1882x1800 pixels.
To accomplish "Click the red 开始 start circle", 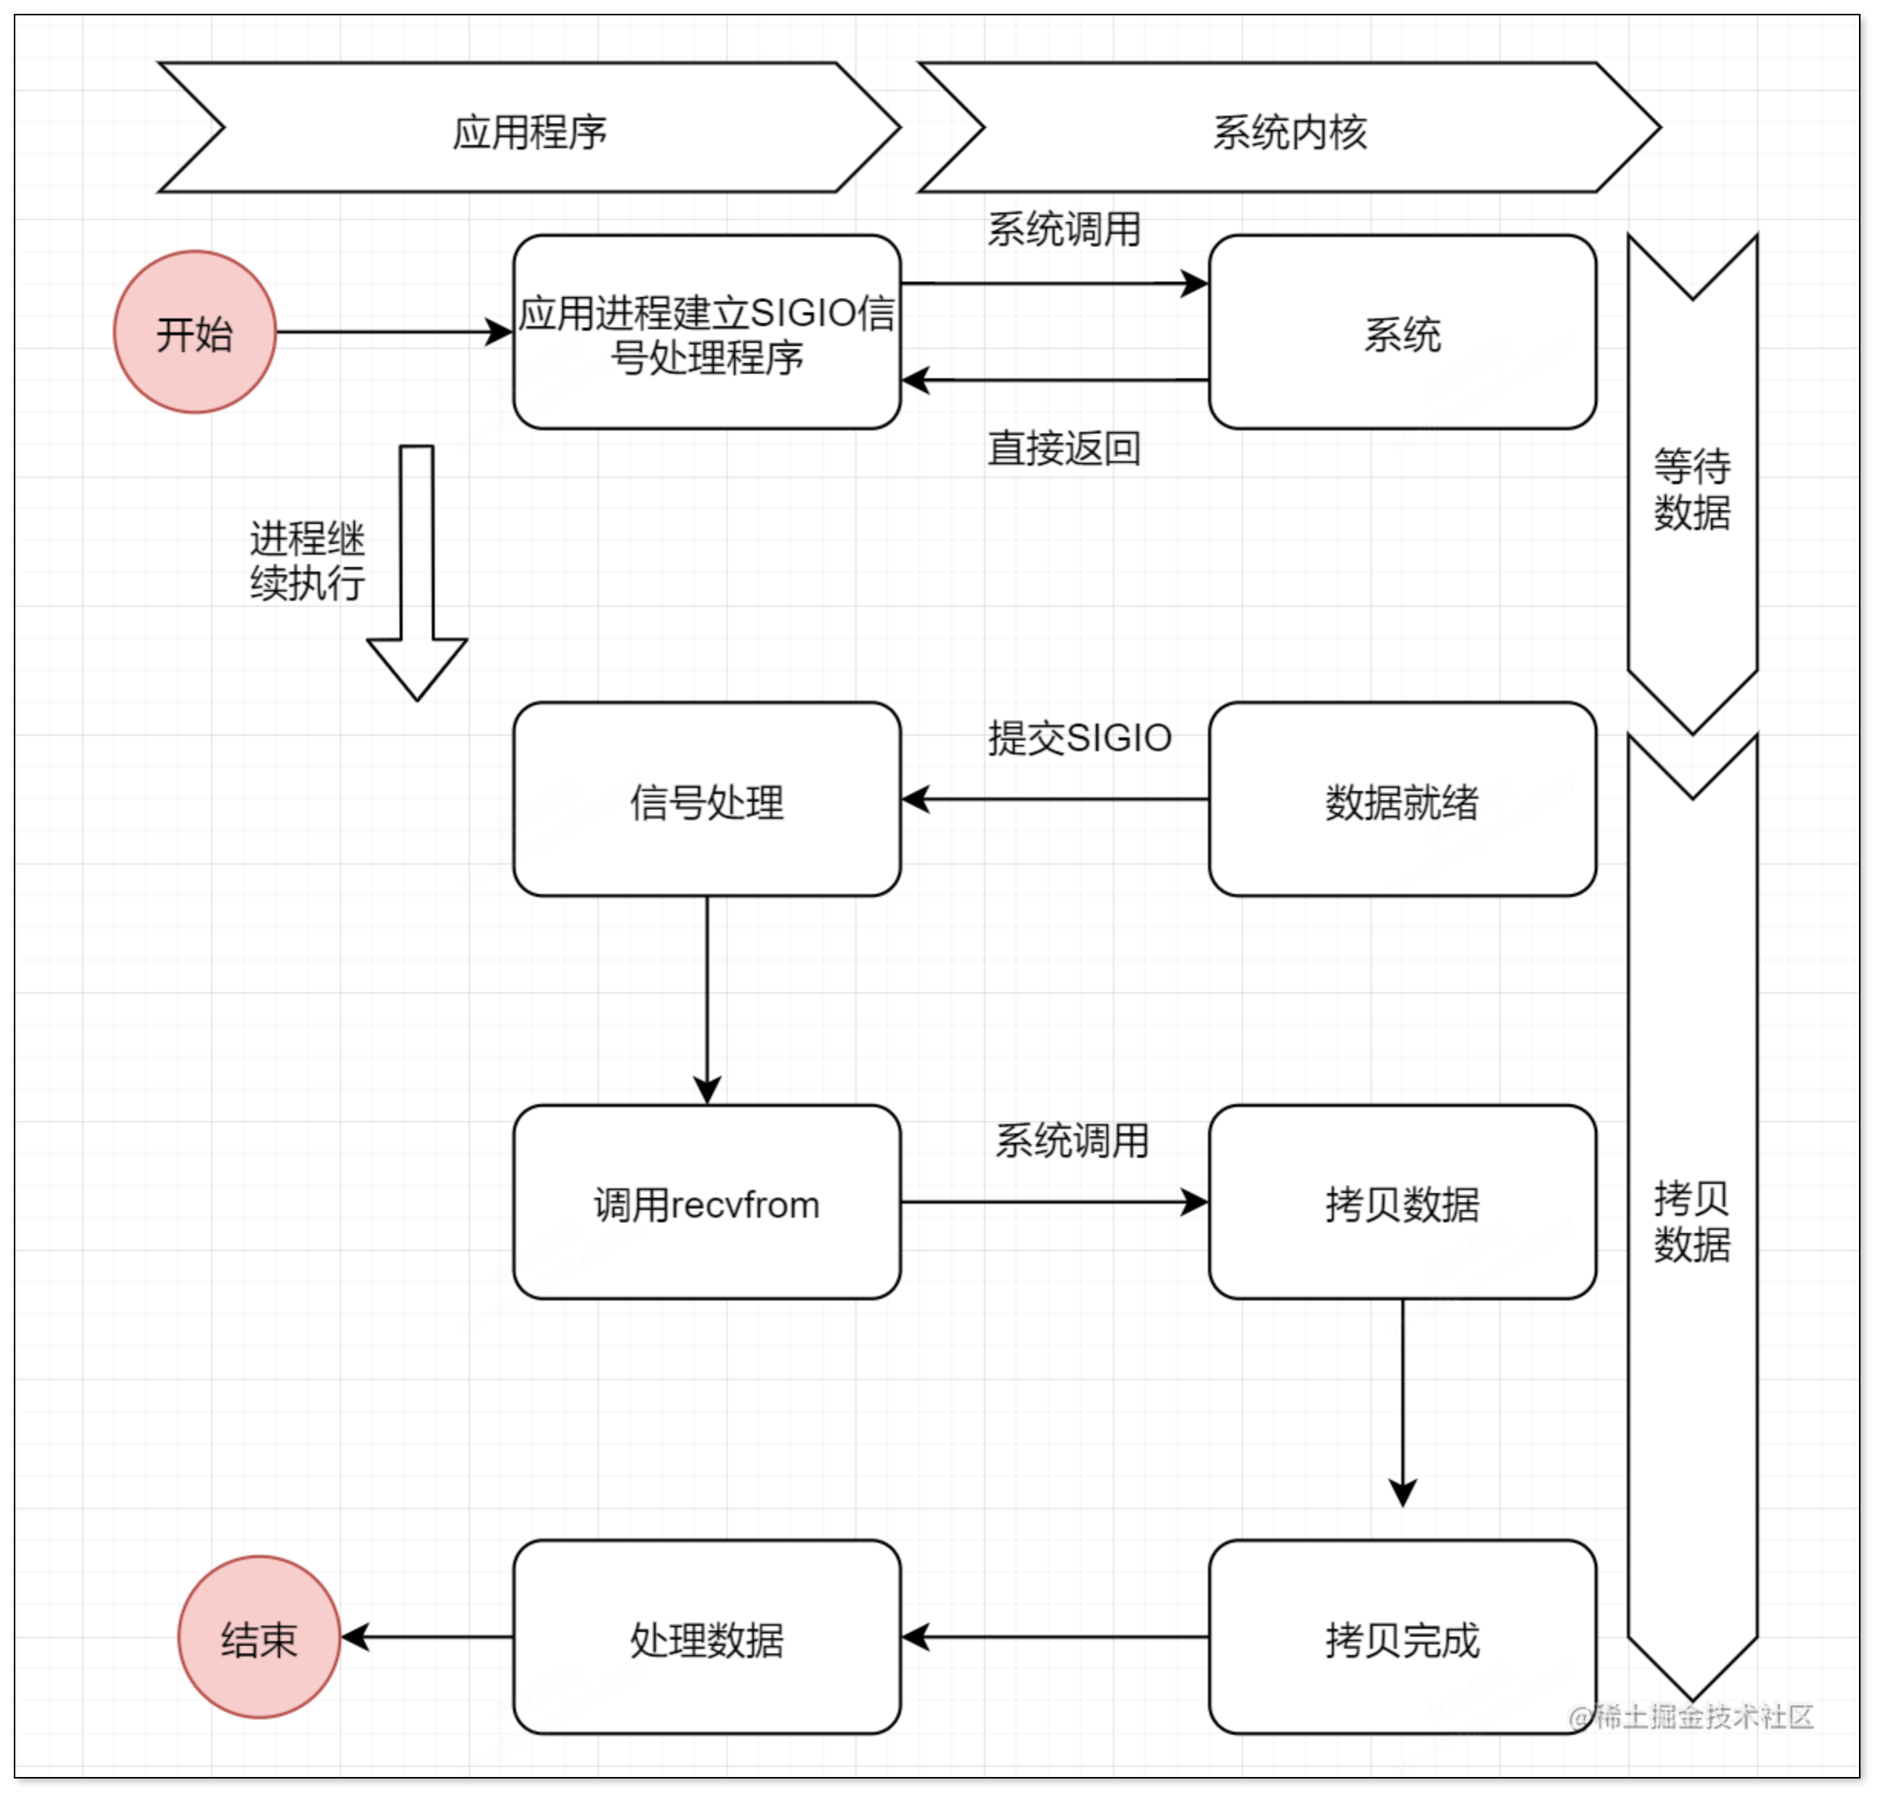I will [x=195, y=332].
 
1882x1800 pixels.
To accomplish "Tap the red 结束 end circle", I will [x=259, y=1637].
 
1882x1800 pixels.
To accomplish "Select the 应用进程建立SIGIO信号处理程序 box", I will [x=707, y=332].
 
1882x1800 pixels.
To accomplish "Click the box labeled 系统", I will [x=1403, y=332].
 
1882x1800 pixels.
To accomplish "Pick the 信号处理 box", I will [x=707, y=799].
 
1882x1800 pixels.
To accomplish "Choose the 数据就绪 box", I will [x=1403, y=799].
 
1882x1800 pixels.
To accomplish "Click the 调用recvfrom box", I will [x=707, y=1202].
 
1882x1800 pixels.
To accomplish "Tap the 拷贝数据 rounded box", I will [x=1403, y=1202].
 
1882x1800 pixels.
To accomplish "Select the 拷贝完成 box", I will [x=1403, y=1637].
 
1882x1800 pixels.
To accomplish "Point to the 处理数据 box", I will [x=707, y=1637].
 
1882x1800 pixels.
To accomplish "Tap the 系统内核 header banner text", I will [x=1289, y=131].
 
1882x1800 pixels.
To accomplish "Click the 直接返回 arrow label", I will [x=1064, y=448].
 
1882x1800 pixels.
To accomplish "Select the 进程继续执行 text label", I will [x=307, y=560].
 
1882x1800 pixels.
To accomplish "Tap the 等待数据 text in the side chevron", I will [x=1692, y=490].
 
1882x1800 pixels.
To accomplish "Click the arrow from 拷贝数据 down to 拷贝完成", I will [x=1403, y=1401].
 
